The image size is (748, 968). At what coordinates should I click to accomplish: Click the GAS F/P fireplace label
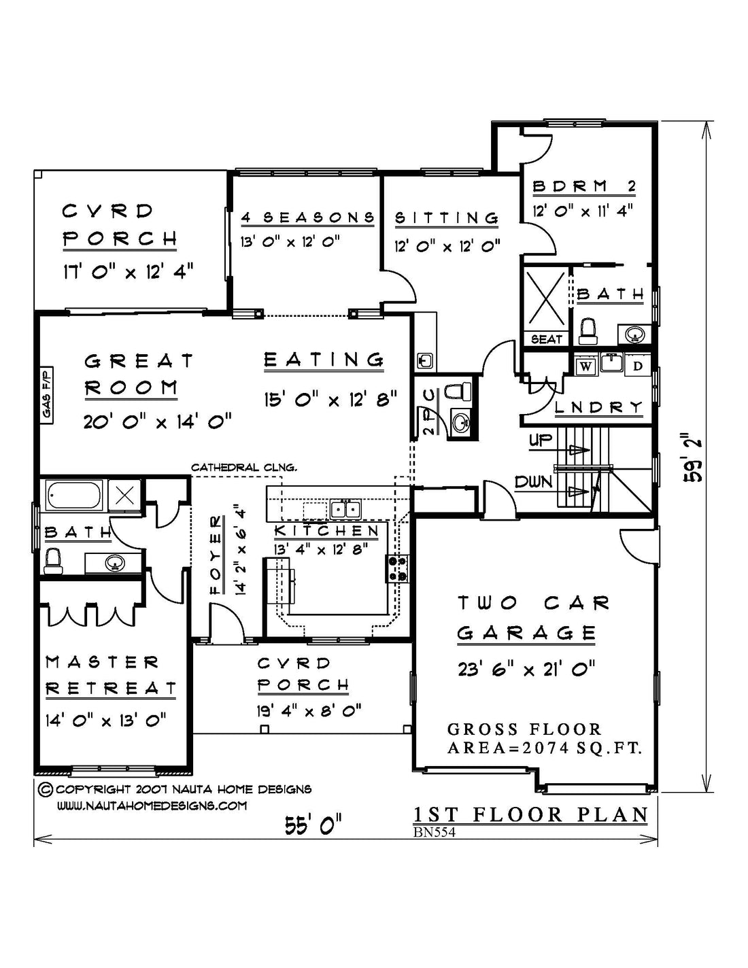(x=47, y=394)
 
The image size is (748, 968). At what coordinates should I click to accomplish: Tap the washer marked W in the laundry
(x=586, y=367)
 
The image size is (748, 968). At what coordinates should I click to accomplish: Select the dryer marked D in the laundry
(x=638, y=366)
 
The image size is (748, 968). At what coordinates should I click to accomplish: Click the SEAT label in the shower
(x=546, y=339)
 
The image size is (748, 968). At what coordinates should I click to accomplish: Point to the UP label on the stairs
(x=540, y=441)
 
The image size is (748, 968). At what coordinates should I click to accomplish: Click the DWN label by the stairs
(x=534, y=482)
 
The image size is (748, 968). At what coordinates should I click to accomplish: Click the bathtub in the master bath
(x=75, y=496)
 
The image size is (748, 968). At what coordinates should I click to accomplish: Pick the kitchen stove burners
(x=398, y=568)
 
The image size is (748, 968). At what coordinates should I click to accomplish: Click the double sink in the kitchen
(x=345, y=508)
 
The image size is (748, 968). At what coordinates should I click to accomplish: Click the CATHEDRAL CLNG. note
(x=243, y=467)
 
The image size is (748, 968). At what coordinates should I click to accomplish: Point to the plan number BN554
(x=435, y=832)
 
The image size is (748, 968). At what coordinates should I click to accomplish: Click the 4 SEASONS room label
(x=308, y=218)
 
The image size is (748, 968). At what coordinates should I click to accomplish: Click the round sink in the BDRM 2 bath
(x=634, y=334)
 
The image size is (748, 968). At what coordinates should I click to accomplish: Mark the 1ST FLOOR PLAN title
(x=531, y=815)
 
